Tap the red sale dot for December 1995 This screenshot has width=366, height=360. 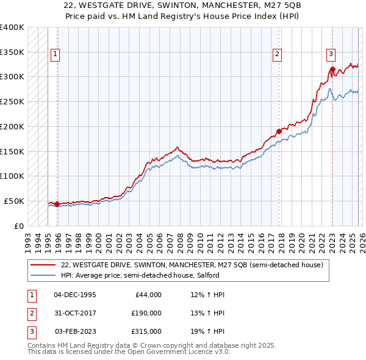point(57,204)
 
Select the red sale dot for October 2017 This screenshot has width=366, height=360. point(279,131)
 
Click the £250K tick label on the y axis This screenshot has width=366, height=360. point(12,101)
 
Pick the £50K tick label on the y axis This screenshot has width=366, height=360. point(14,201)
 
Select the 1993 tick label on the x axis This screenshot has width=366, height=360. point(28,239)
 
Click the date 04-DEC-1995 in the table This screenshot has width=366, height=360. point(74,295)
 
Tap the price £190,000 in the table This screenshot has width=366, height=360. point(146,313)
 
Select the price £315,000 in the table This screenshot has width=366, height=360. point(146,331)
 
